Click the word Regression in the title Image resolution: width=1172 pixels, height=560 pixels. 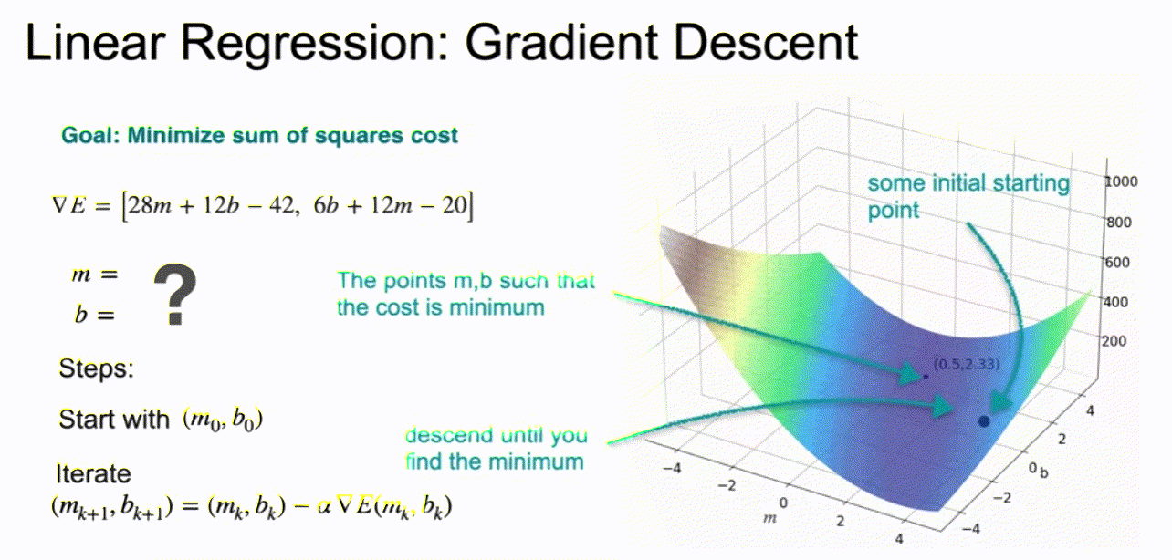pos(315,44)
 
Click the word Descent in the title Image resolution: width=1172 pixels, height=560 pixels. pos(766,43)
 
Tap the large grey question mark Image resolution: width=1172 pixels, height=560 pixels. pos(174,295)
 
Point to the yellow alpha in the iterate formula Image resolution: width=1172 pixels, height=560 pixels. pos(324,506)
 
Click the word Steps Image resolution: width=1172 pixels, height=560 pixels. pos(96,368)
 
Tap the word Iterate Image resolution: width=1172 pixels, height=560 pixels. pos(93,473)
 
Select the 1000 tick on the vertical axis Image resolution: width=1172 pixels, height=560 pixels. pos(1121,181)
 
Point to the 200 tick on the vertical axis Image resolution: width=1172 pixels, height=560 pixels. pos(1114,341)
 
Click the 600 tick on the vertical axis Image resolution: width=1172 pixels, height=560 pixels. pos(1117,262)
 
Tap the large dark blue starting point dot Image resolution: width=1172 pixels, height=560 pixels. pos(984,421)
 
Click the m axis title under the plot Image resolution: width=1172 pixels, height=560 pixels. pos(769,518)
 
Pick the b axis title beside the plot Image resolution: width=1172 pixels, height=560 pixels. pos(1044,472)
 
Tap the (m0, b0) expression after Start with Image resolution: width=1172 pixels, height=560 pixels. pos(223,420)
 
